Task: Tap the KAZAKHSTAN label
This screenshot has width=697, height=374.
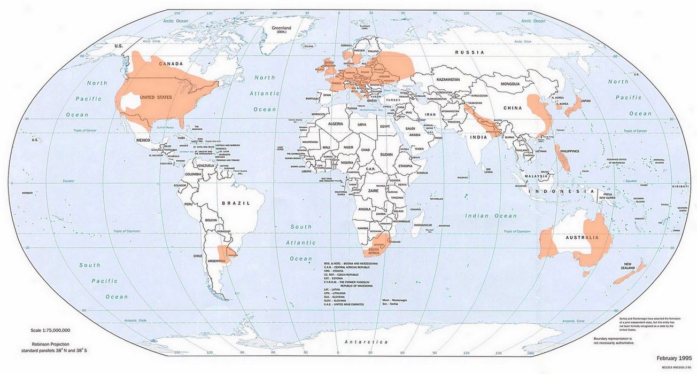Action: [448, 80]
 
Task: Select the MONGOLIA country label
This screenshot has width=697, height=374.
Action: [513, 84]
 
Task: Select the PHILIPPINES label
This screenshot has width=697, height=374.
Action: [569, 151]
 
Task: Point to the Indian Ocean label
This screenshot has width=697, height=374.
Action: [490, 216]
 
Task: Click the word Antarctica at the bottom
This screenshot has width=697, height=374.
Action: [366, 341]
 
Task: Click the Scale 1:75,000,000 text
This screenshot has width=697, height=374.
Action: [51, 330]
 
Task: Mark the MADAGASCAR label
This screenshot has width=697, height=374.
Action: [422, 225]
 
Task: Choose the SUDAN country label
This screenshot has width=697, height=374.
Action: [386, 154]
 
